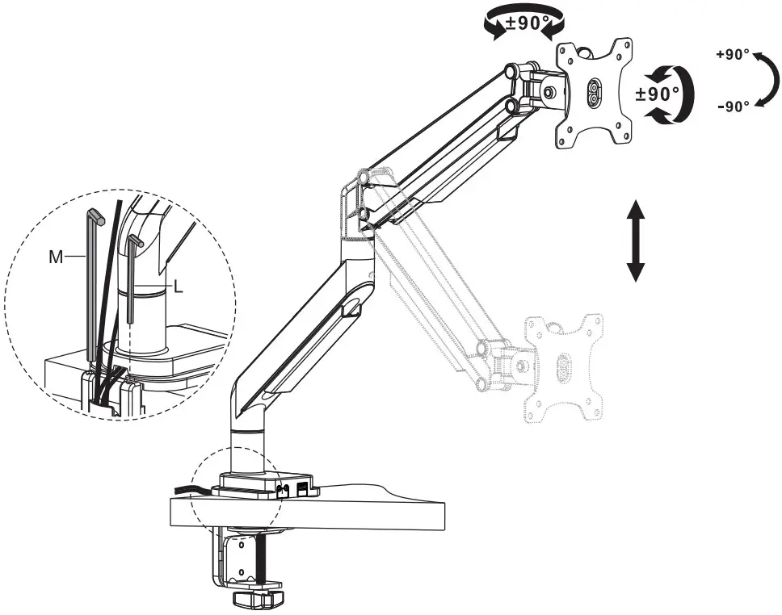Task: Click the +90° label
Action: point(733,56)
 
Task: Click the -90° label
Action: point(733,105)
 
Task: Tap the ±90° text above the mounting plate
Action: point(523,23)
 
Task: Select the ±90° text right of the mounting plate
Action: point(658,93)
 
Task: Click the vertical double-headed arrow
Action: point(636,241)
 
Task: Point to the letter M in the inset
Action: point(56,256)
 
